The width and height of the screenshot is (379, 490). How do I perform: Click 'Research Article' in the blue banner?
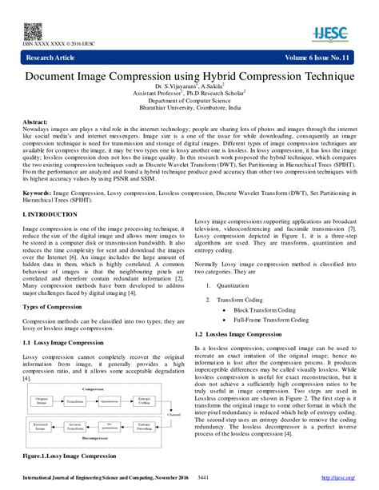pos(52,59)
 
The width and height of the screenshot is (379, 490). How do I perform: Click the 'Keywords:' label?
pos(38,193)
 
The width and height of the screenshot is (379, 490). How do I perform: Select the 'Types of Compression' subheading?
pos(54,307)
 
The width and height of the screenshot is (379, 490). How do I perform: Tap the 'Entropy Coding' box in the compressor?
pos(147,404)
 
